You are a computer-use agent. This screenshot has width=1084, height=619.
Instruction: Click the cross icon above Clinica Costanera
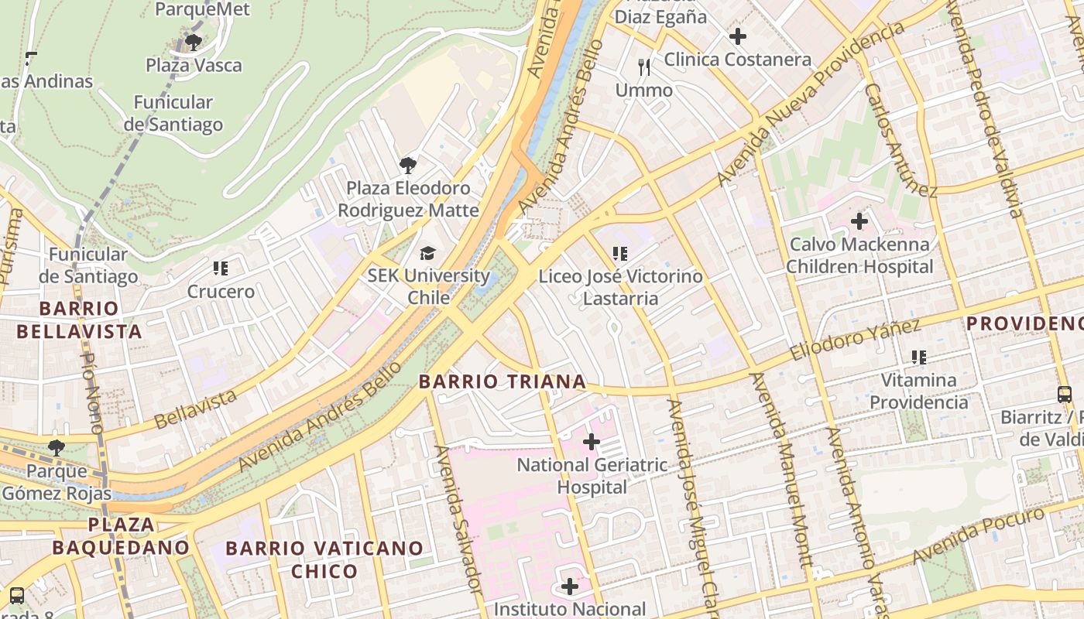click(x=738, y=36)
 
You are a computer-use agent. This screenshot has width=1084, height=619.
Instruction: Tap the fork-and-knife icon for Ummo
click(x=643, y=67)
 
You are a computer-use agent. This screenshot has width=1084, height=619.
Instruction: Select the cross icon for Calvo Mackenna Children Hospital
click(x=859, y=221)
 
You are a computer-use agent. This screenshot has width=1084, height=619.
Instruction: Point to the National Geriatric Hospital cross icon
click(x=592, y=442)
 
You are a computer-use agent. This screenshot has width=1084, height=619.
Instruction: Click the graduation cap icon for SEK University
click(x=427, y=253)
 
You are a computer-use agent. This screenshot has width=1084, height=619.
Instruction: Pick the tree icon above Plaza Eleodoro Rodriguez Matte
click(x=407, y=165)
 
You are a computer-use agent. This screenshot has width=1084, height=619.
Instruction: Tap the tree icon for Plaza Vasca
click(x=194, y=42)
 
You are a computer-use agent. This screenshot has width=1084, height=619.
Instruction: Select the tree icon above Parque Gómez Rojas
click(x=56, y=447)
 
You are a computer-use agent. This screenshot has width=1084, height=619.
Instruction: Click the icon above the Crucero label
click(x=221, y=268)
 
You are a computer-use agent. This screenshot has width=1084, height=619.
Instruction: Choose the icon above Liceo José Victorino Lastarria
click(x=619, y=253)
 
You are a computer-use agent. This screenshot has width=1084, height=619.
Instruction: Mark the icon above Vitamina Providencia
click(x=919, y=357)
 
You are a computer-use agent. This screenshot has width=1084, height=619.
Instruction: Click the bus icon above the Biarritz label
click(x=1065, y=395)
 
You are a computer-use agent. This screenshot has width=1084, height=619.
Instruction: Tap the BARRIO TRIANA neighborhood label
click(x=502, y=381)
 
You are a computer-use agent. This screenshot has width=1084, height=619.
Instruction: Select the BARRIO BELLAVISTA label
click(x=79, y=320)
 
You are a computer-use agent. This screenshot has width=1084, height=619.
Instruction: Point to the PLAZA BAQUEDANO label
click(x=121, y=536)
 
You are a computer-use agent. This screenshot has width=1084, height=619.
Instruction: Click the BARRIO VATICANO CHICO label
click(x=324, y=559)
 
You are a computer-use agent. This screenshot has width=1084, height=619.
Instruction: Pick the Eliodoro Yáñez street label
click(x=855, y=340)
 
